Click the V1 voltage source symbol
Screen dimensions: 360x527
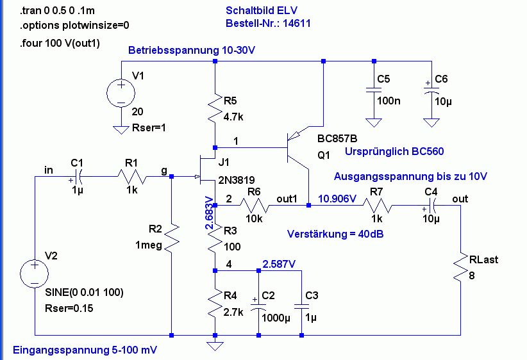click(x=121, y=92)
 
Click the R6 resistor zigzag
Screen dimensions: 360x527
click(x=256, y=206)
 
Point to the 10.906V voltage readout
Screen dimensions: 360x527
click(x=337, y=199)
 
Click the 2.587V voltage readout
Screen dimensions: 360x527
click(x=279, y=263)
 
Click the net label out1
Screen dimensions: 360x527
click(x=288, y=199)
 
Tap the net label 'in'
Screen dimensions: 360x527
click(x=49, y=169)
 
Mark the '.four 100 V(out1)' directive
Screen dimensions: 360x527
click(x=62, y=44)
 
